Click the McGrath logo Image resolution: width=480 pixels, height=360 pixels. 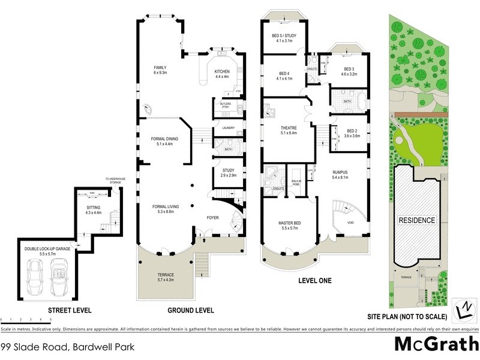[436, 344]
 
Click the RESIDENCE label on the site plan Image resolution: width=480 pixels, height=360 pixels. [418, 220]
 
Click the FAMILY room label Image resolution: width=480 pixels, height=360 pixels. [160, 67]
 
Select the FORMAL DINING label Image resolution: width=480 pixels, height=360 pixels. [164, 139]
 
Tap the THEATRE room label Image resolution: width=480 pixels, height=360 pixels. [289, 128]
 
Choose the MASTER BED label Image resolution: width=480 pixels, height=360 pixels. [289, 223]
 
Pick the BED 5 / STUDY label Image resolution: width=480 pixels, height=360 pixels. [284, 34]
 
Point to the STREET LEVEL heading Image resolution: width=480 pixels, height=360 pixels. [70, 310]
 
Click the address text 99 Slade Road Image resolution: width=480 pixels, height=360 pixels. [67, 347]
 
